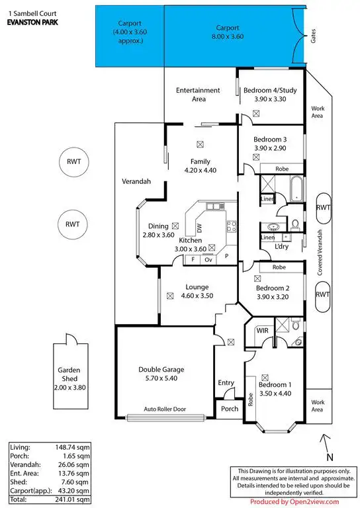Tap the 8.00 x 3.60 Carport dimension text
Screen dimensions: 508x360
click(226, 37)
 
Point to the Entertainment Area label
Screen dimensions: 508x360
click(199, 94)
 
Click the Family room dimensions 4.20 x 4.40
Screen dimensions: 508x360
click(199, 170)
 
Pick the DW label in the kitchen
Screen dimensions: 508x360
click(199, 227)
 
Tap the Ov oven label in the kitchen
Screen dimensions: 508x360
click(208, 260)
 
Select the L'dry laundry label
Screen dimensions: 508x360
click(284, 247)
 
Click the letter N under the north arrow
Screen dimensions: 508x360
click(330, 456)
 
